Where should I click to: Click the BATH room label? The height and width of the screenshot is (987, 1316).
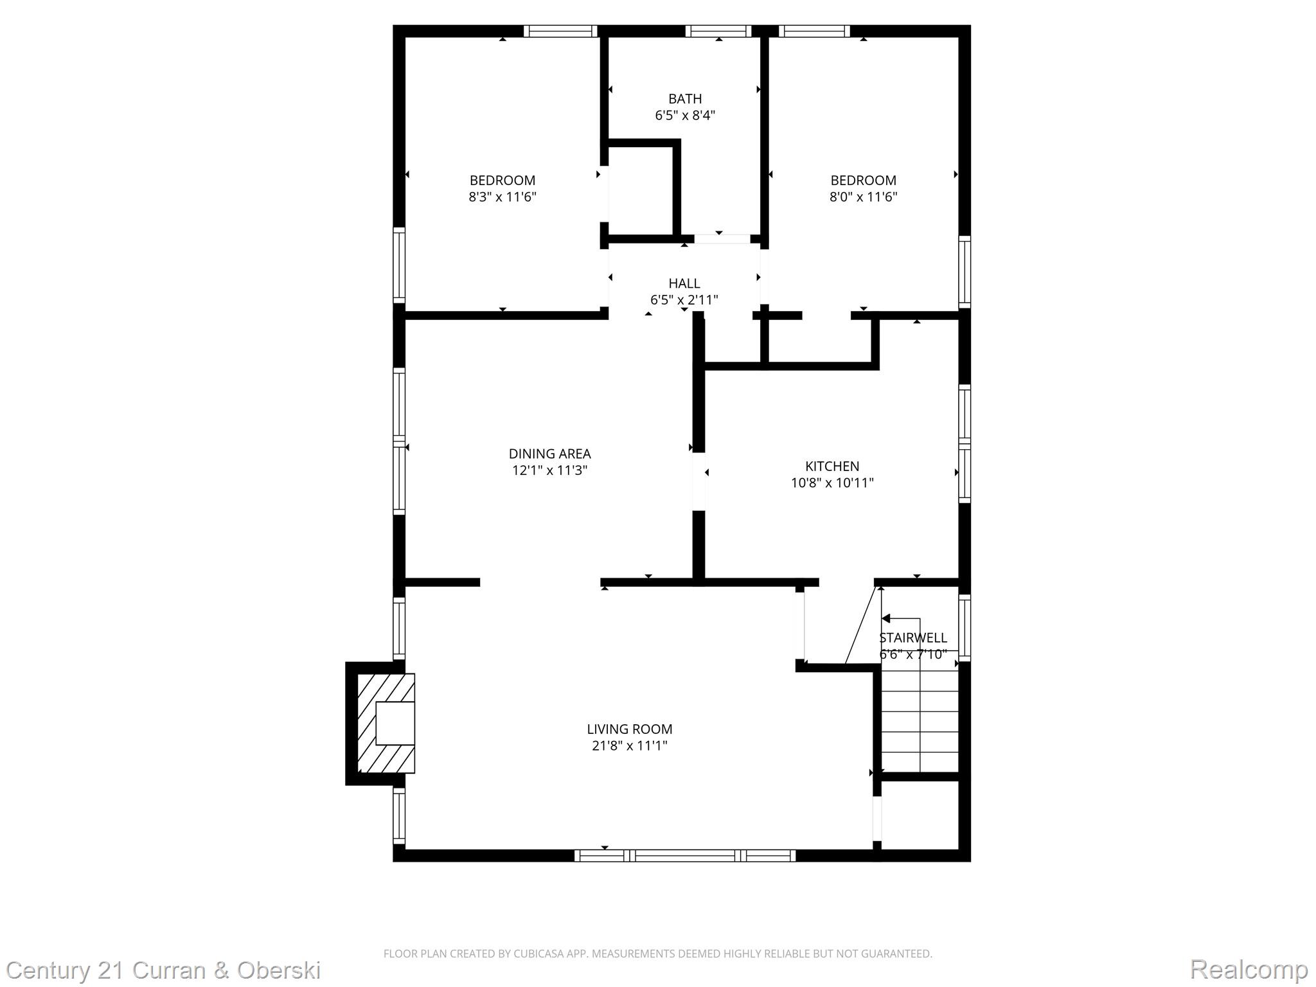point(684,99)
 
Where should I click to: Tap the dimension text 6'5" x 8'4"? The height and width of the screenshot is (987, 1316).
point(684,116)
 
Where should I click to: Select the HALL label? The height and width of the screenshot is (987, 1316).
point(684,283)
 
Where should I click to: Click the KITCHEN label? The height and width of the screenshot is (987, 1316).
point(831,467)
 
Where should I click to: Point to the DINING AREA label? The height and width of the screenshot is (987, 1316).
point(549,454)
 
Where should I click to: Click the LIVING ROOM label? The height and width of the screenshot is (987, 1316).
point(629,729)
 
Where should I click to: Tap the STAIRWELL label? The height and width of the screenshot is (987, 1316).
point(912,638)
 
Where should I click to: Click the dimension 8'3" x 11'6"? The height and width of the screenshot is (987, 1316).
point(502,197)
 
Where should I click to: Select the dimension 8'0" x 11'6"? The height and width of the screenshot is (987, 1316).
point(862,197)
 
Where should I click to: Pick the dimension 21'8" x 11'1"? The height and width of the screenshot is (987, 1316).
point(629,746)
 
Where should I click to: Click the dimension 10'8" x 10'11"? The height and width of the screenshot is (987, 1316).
point(831,483)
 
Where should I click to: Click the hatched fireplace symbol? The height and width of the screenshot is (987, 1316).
point(386,723)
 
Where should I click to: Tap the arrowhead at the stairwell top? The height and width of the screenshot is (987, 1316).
point(885,619)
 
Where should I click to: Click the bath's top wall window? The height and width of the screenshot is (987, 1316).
point(718,31)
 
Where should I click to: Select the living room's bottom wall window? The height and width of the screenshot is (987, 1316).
point(684,855)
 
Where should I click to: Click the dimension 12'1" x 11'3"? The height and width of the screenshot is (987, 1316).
point(549,470)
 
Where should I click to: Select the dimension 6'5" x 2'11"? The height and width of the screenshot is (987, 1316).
point(684,300)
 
